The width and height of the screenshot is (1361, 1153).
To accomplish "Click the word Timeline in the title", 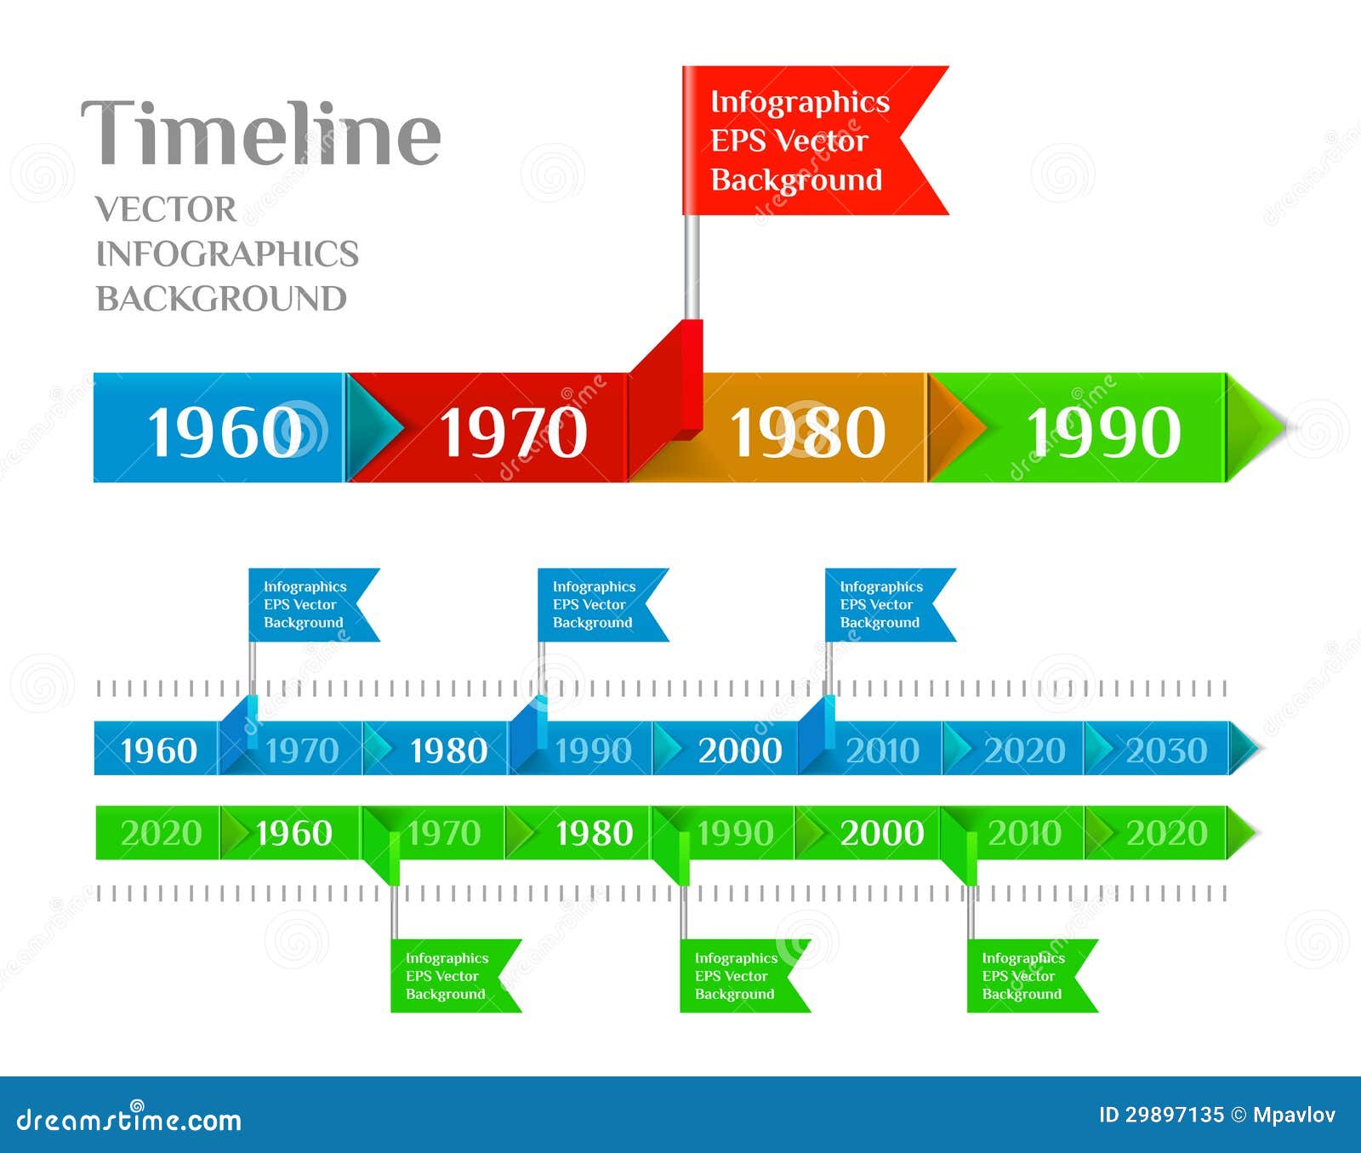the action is point(261,133).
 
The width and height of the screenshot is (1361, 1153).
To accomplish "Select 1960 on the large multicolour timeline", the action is point(225,431).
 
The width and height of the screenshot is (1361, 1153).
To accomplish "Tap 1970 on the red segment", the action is point(513,431).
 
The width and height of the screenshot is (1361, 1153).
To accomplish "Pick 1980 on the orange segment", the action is point(807,431).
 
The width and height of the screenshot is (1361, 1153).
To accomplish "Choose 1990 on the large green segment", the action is point(1103,431).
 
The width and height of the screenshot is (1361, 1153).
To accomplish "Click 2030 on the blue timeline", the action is point(1166,751).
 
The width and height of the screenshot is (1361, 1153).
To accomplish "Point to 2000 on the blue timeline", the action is point(740,751).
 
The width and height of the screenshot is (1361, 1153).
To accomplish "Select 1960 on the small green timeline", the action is point(293,833).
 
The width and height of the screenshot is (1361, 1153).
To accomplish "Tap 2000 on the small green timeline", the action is point(882,833).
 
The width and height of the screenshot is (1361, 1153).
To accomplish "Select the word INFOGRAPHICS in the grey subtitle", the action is point(227,254).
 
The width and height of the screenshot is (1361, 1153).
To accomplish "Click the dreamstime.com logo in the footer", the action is point(129,1120).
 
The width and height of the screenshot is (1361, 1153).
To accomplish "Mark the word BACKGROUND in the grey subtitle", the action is point(221,299).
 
